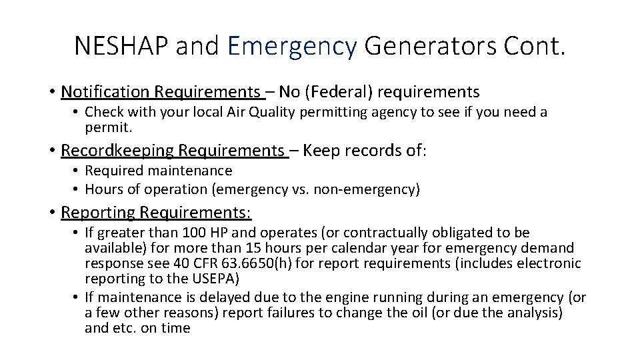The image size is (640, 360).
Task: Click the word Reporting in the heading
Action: coord(97,212)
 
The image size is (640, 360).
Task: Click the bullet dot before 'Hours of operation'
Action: coord(77,190)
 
